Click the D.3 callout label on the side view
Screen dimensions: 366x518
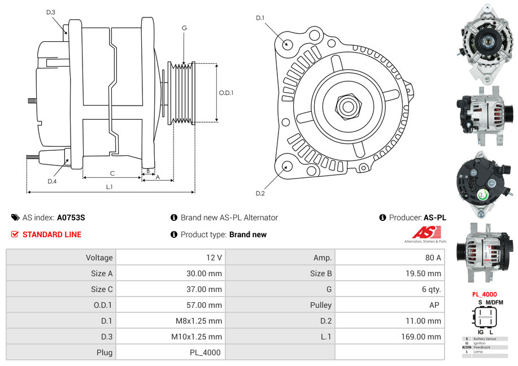[x=51, y=12]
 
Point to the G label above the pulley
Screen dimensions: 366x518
[x=184, y=28]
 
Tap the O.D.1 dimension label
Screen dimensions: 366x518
[x=226, y=93]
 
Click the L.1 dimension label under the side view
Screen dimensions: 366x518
[x=110, y=187]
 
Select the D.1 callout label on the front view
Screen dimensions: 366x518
[x=260, y=18]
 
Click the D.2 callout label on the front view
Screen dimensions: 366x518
[x=260, y=193]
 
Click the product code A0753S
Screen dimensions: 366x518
[x=71, y=217]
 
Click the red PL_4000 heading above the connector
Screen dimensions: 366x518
[x=485, y=294]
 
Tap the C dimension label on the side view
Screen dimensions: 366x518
[x=112, y=173]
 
